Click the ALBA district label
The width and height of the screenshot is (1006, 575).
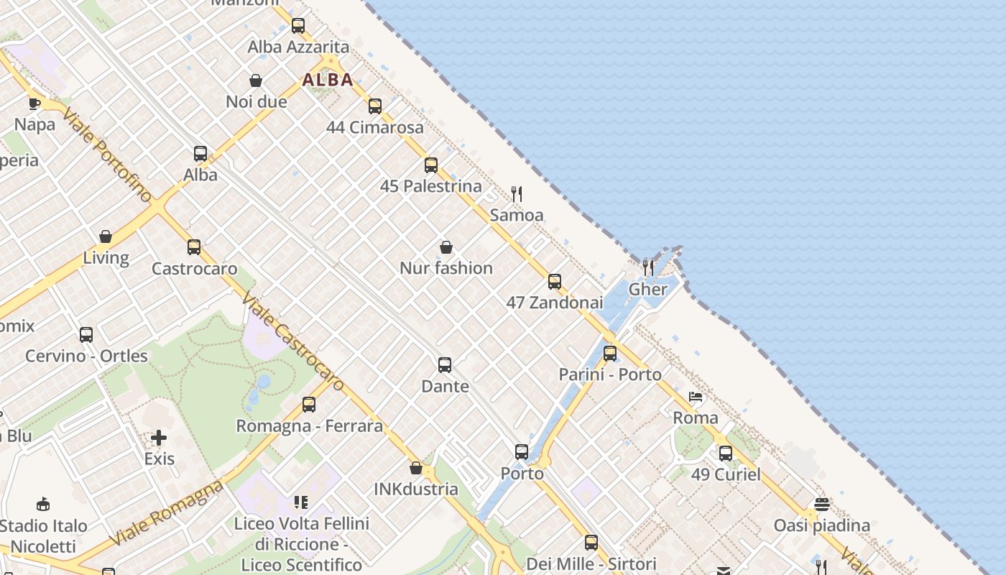[328, 80]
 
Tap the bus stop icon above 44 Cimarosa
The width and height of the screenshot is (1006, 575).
[375, 106]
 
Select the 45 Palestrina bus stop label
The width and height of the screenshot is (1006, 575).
[431, 186]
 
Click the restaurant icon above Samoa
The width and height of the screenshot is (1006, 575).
[517, 193]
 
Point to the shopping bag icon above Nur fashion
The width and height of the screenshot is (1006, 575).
[446, 247]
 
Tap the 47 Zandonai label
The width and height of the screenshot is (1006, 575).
[555, 303]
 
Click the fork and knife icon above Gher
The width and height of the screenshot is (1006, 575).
[648, 268]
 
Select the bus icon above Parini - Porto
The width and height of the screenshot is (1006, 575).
[610, 353]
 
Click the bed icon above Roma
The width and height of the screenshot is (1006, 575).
[695, 397]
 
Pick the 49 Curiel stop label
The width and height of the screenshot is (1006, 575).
[726, 474]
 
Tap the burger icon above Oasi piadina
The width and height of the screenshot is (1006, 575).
[822, 504]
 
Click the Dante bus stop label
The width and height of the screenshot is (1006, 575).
[445, 387]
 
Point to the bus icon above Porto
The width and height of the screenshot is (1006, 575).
[522, 452]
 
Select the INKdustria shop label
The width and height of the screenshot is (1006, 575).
[416, 489]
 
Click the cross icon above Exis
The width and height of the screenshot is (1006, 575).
[159, 437]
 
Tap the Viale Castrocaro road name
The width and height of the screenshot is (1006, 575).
[292, 341]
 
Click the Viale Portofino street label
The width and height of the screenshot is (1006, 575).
[108, 155]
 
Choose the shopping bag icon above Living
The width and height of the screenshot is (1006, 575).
[106, 236]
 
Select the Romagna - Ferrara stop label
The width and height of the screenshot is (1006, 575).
[310, 426]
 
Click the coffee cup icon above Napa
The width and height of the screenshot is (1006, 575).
[34, 103]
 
